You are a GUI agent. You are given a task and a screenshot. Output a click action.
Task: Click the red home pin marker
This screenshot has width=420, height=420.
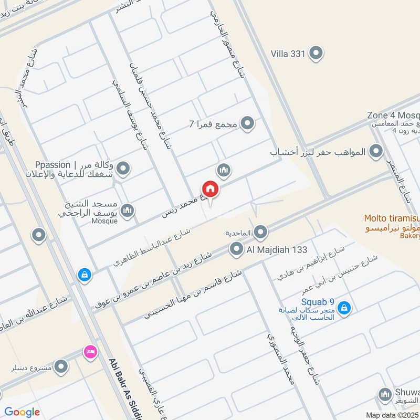(211, 189)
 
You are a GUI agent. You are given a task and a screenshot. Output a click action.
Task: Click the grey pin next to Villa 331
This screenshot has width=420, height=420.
(316, 53)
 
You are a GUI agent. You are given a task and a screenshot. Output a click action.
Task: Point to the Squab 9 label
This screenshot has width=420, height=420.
(318, 301)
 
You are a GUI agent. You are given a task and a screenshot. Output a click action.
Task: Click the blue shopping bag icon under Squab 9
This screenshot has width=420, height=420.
(344, 308)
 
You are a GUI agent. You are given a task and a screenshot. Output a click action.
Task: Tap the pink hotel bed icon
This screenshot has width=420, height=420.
(90, 352)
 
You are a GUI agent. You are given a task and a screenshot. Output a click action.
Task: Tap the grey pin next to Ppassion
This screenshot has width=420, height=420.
(123, 169)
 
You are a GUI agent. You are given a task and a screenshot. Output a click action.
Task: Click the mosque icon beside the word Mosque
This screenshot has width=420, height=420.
(127, 211)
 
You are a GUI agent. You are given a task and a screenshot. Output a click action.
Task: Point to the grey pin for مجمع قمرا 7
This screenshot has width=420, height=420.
(247, 124)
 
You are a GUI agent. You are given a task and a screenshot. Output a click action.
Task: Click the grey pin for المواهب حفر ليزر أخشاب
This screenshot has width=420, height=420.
(376, 152)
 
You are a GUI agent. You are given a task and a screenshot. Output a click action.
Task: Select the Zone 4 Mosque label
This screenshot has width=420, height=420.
(393, 115)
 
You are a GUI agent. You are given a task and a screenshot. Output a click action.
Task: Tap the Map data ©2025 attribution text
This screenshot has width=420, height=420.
(392, 415)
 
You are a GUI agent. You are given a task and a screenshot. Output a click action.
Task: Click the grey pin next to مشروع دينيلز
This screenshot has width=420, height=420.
(61, 367)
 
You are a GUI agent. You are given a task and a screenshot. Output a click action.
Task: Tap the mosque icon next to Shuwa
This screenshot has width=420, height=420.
(386, 394)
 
